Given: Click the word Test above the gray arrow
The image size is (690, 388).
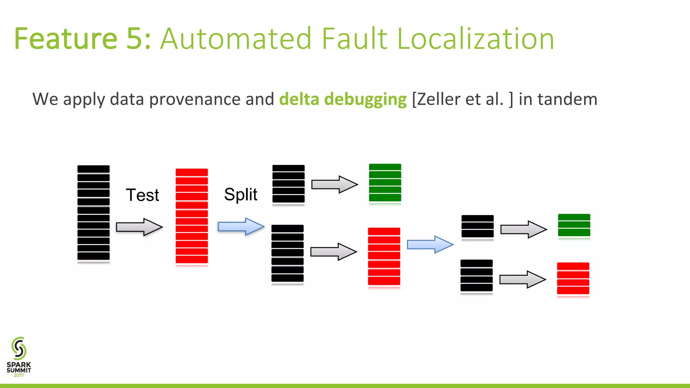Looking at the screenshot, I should (142, 195).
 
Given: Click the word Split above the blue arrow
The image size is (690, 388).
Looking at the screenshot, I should (241, 194).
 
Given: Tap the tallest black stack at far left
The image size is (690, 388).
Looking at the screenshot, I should (93, 213).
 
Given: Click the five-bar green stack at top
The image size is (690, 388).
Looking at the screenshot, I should (385, 183).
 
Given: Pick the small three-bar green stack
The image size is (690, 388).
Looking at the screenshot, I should (574, 225).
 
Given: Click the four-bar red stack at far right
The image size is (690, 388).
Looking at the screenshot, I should (573, 279).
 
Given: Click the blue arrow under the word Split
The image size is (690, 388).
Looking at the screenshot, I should (241, 226).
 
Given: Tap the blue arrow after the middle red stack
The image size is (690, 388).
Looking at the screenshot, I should (430, 244).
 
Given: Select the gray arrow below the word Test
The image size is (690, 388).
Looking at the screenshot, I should (139, 227).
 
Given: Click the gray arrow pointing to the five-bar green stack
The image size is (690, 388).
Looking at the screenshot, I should (334, 184).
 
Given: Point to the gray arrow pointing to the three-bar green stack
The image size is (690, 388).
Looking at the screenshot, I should (523, 229).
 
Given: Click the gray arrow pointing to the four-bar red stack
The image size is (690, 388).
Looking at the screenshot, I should (522, 279).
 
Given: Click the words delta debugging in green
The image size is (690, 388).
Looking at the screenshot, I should (343, 99).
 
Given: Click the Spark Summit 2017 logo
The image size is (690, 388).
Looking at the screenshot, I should (19, 357).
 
